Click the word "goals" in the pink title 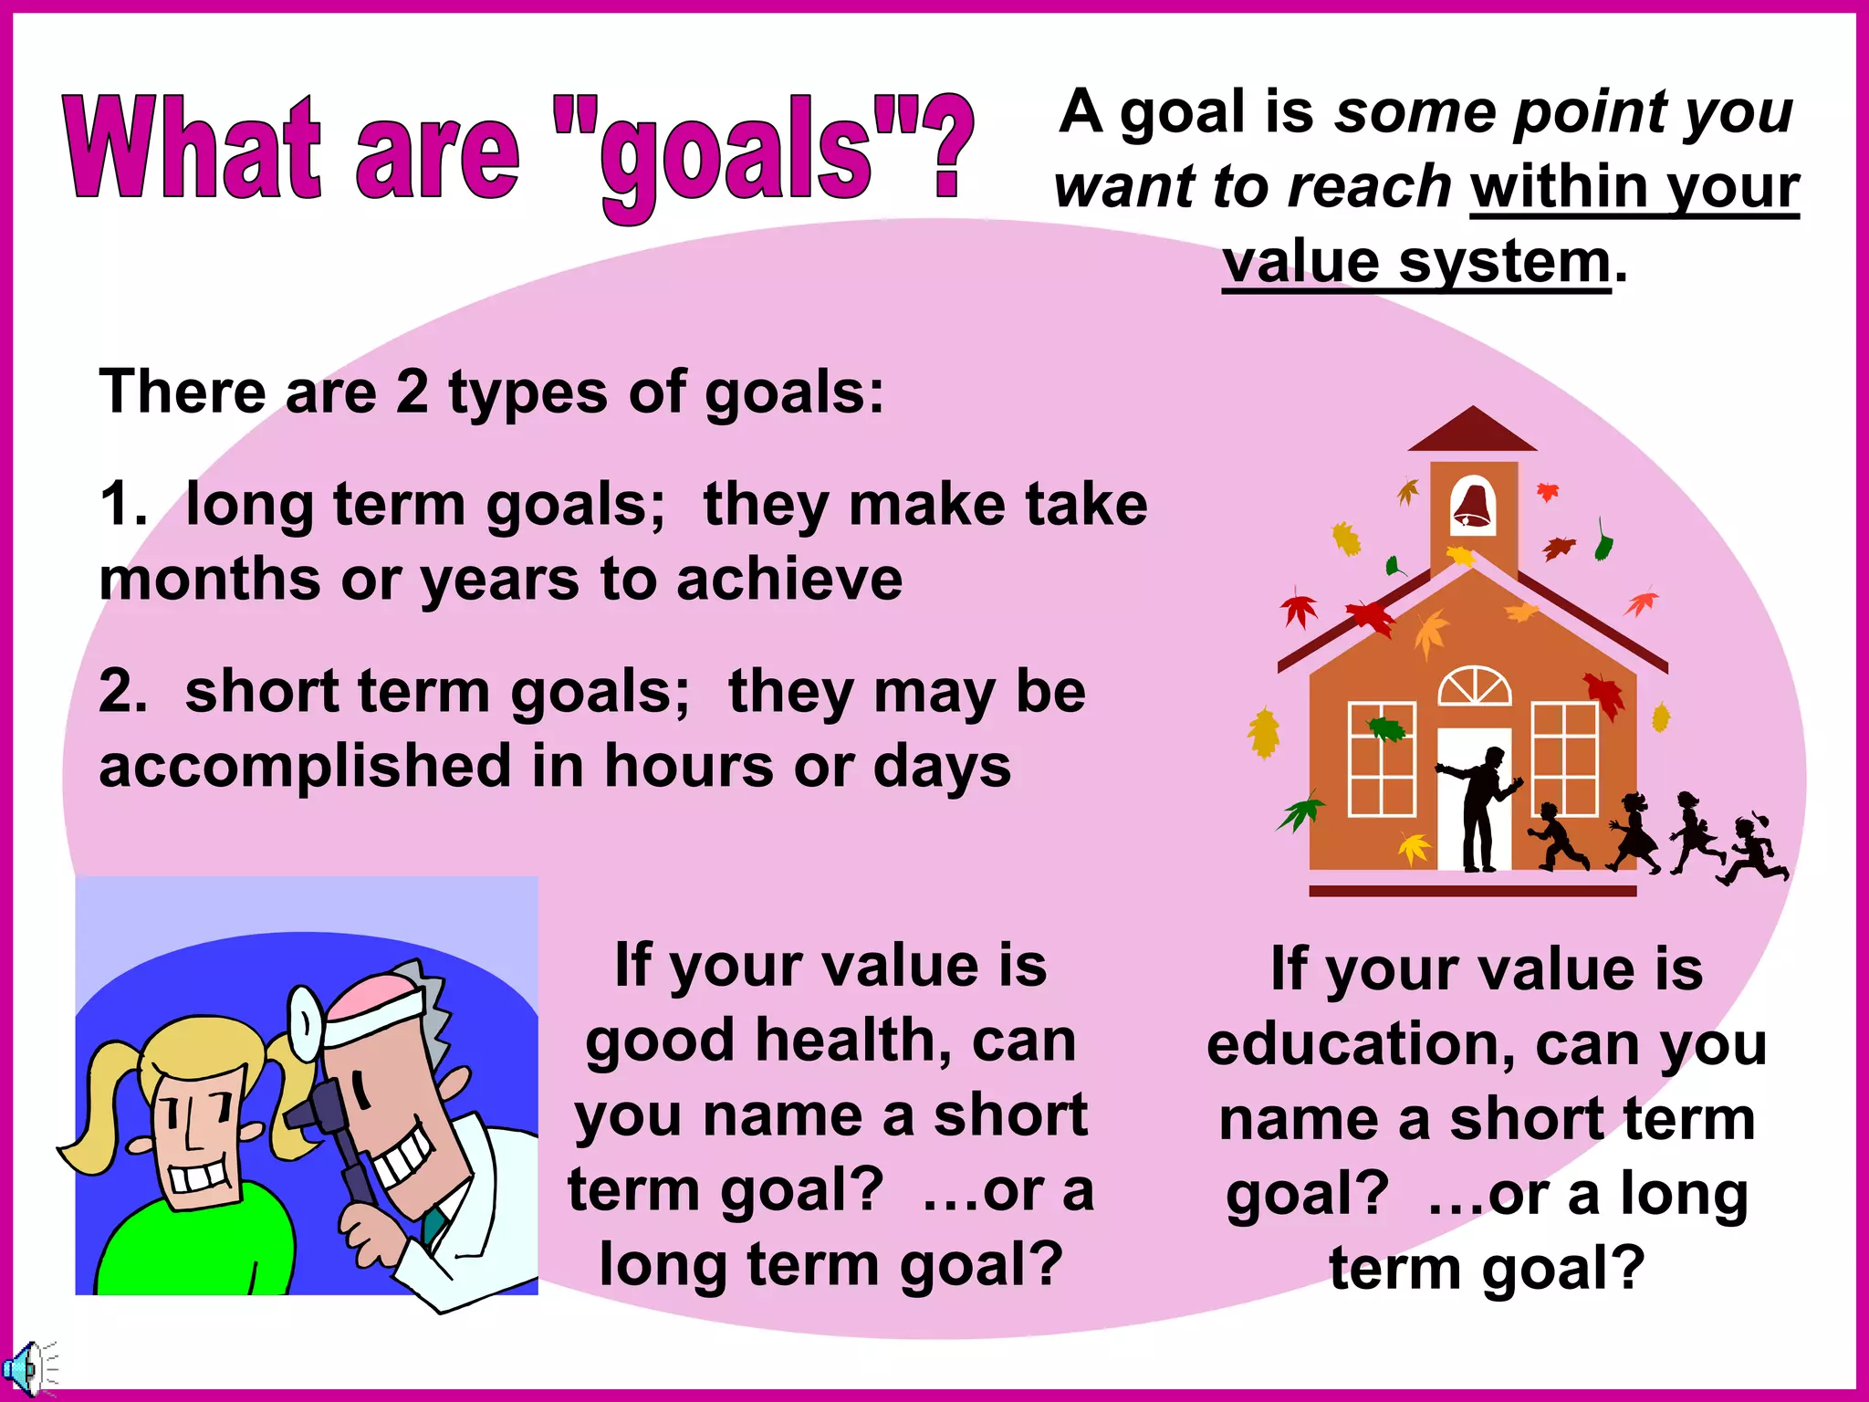736,155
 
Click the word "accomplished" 305,766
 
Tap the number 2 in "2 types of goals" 412,392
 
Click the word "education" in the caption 1359,1045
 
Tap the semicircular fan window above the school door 1474,686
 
